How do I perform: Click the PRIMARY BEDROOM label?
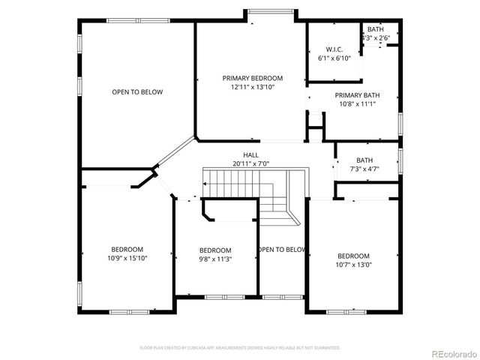tap(252, 78)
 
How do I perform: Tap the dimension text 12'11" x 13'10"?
tap(252, 87)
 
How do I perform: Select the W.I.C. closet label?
tap(334, 49)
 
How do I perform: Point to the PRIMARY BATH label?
tap(355, 95)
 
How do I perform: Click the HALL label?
tap(250, 155)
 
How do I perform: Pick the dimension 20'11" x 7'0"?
tap(250, 163)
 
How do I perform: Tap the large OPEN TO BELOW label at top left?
tap(137, 92)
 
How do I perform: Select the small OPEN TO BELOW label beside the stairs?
tap(282, 250)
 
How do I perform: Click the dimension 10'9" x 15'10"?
tap(127, 258)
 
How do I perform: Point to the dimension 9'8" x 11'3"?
tap(215, 259)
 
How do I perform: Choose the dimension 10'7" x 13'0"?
tap(353, 264)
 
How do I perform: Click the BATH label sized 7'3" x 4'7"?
tap(364, 160)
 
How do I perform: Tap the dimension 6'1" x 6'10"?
tap(334, 58)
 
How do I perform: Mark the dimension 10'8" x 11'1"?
tap(355, 103)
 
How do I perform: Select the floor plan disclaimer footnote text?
tap(240, 348)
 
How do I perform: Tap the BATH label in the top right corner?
tap(375, 28)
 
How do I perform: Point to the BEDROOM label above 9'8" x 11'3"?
tap(215, 250)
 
